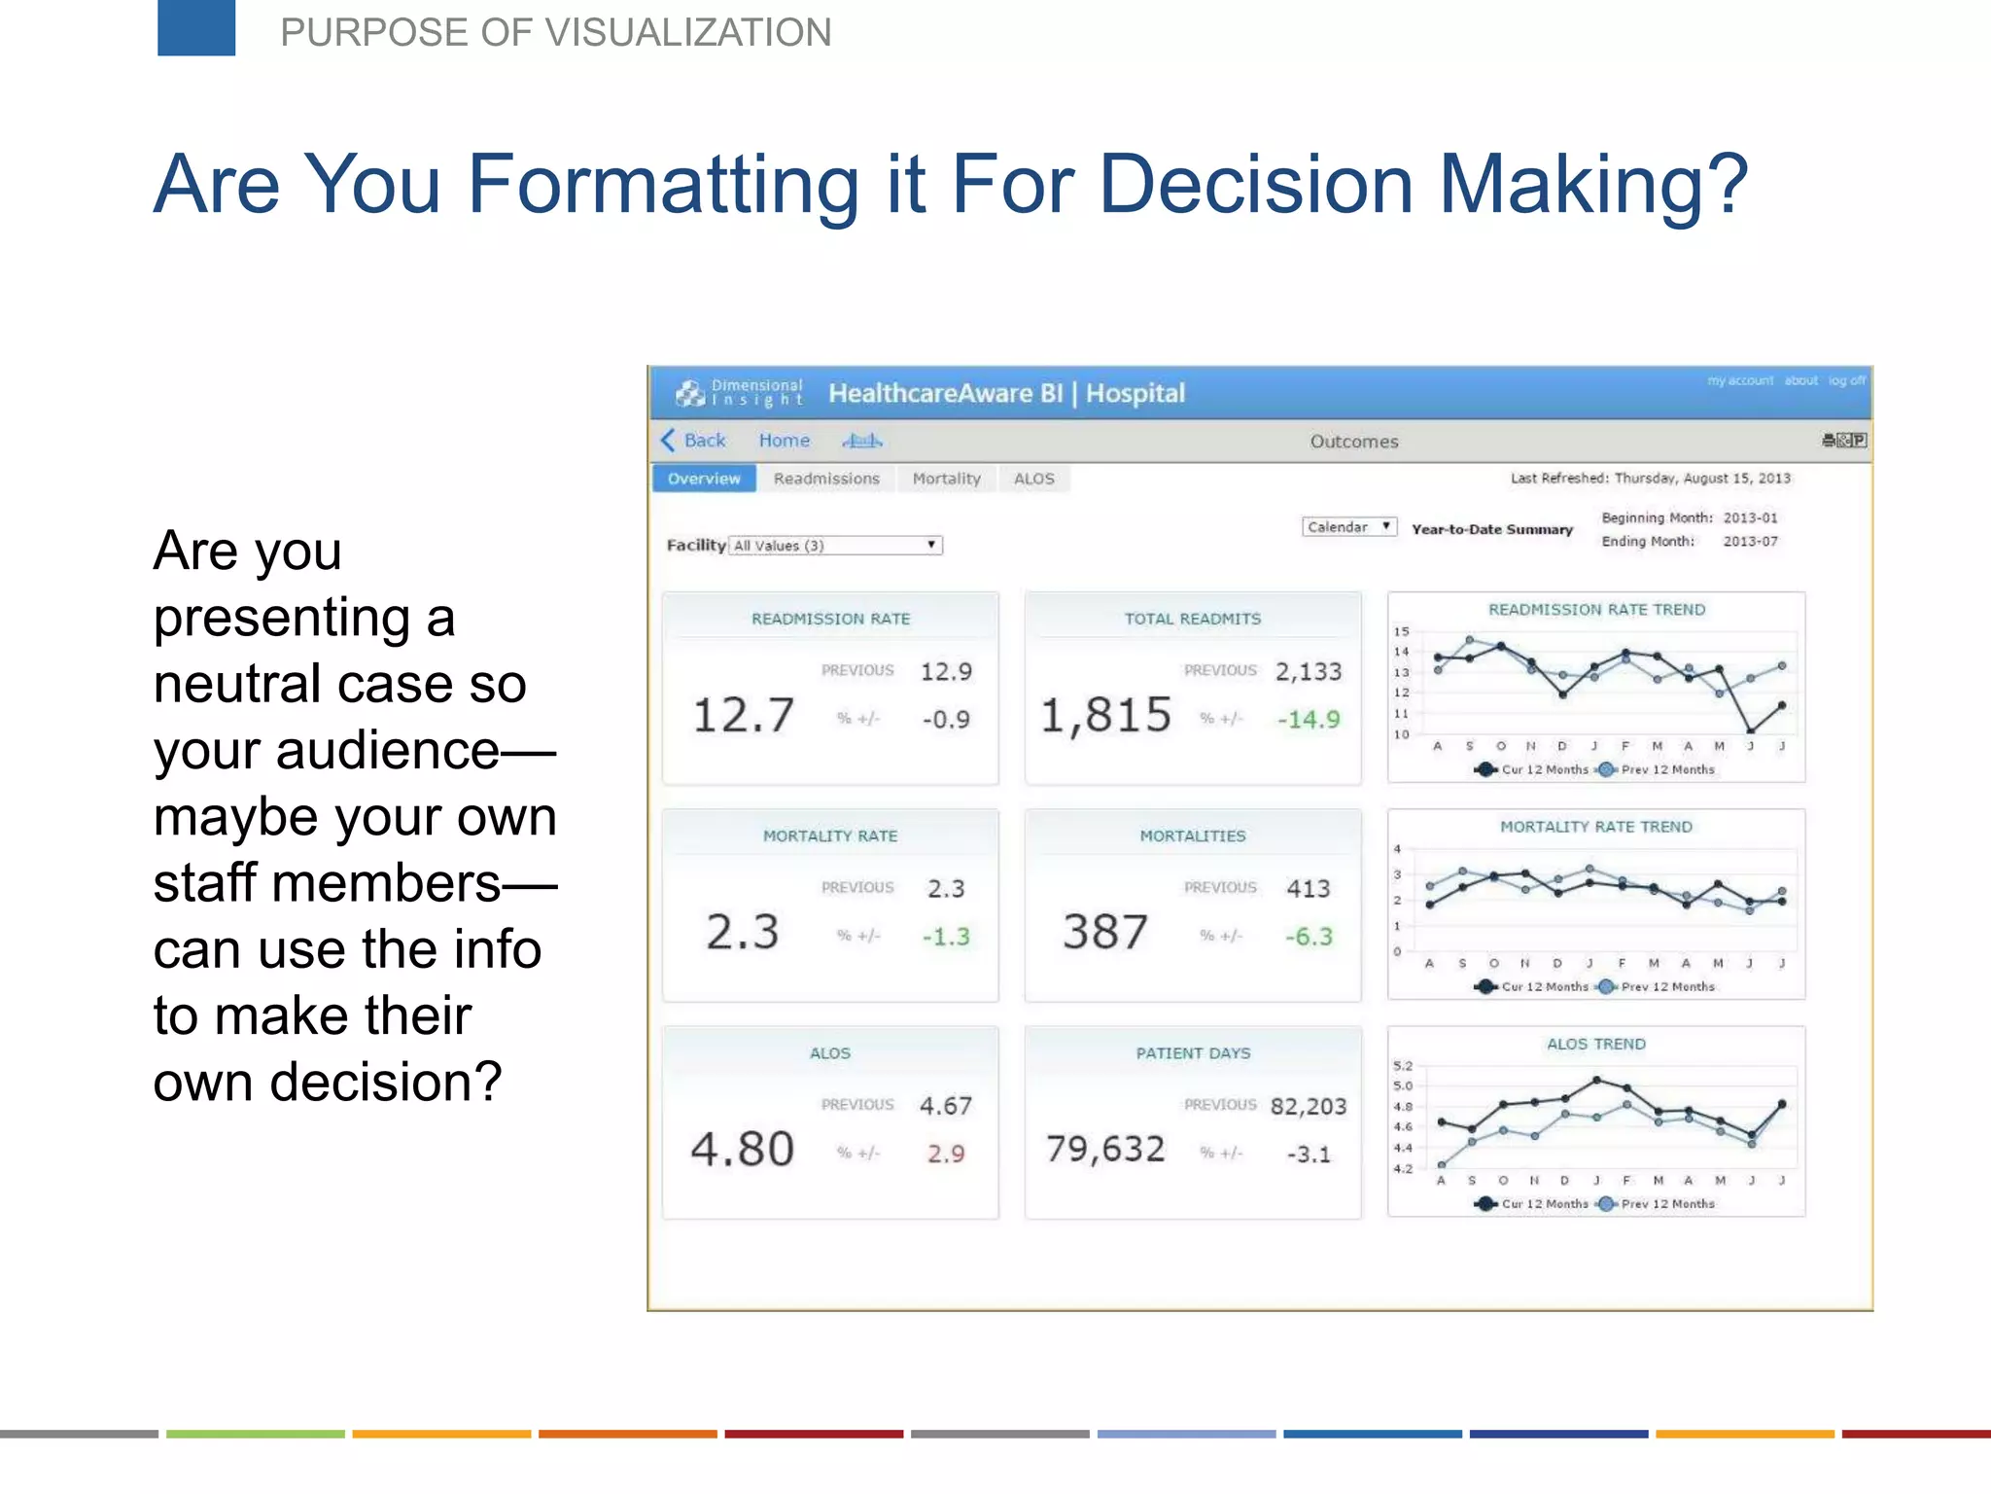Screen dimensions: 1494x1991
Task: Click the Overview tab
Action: tap(704, 479)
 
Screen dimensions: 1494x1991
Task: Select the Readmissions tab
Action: tap(826, 479)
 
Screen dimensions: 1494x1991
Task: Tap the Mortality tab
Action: tap(946, 479)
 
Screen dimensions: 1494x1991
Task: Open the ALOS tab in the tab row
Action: tap(1033, 479)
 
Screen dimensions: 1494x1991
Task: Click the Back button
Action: tap(694, 441)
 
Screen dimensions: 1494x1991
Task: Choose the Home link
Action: tap(784, 441)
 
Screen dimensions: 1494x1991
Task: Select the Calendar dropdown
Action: tap(1348, 527)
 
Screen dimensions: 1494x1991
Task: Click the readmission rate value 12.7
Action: tap(743, 716)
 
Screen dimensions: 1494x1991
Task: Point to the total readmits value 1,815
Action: tap(1105, 716)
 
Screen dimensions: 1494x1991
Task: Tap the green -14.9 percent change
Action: tap(1308, 720)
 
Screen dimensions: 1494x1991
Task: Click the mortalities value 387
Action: tap(1105, 932)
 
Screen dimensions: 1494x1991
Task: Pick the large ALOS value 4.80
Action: tap(743, 1150)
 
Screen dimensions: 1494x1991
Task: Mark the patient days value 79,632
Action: tap(1105, 1150)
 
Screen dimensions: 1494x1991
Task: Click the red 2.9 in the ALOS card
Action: tap(945, 1154)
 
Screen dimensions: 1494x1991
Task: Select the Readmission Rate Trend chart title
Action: tap(1596, 610)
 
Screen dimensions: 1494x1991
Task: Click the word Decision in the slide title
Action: tap(1256, 184)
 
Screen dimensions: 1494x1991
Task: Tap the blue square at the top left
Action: tap(196, 27)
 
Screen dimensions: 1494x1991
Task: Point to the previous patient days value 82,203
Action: tap(1309, 1107)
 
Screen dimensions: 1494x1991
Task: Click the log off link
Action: tap(1846, 380)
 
